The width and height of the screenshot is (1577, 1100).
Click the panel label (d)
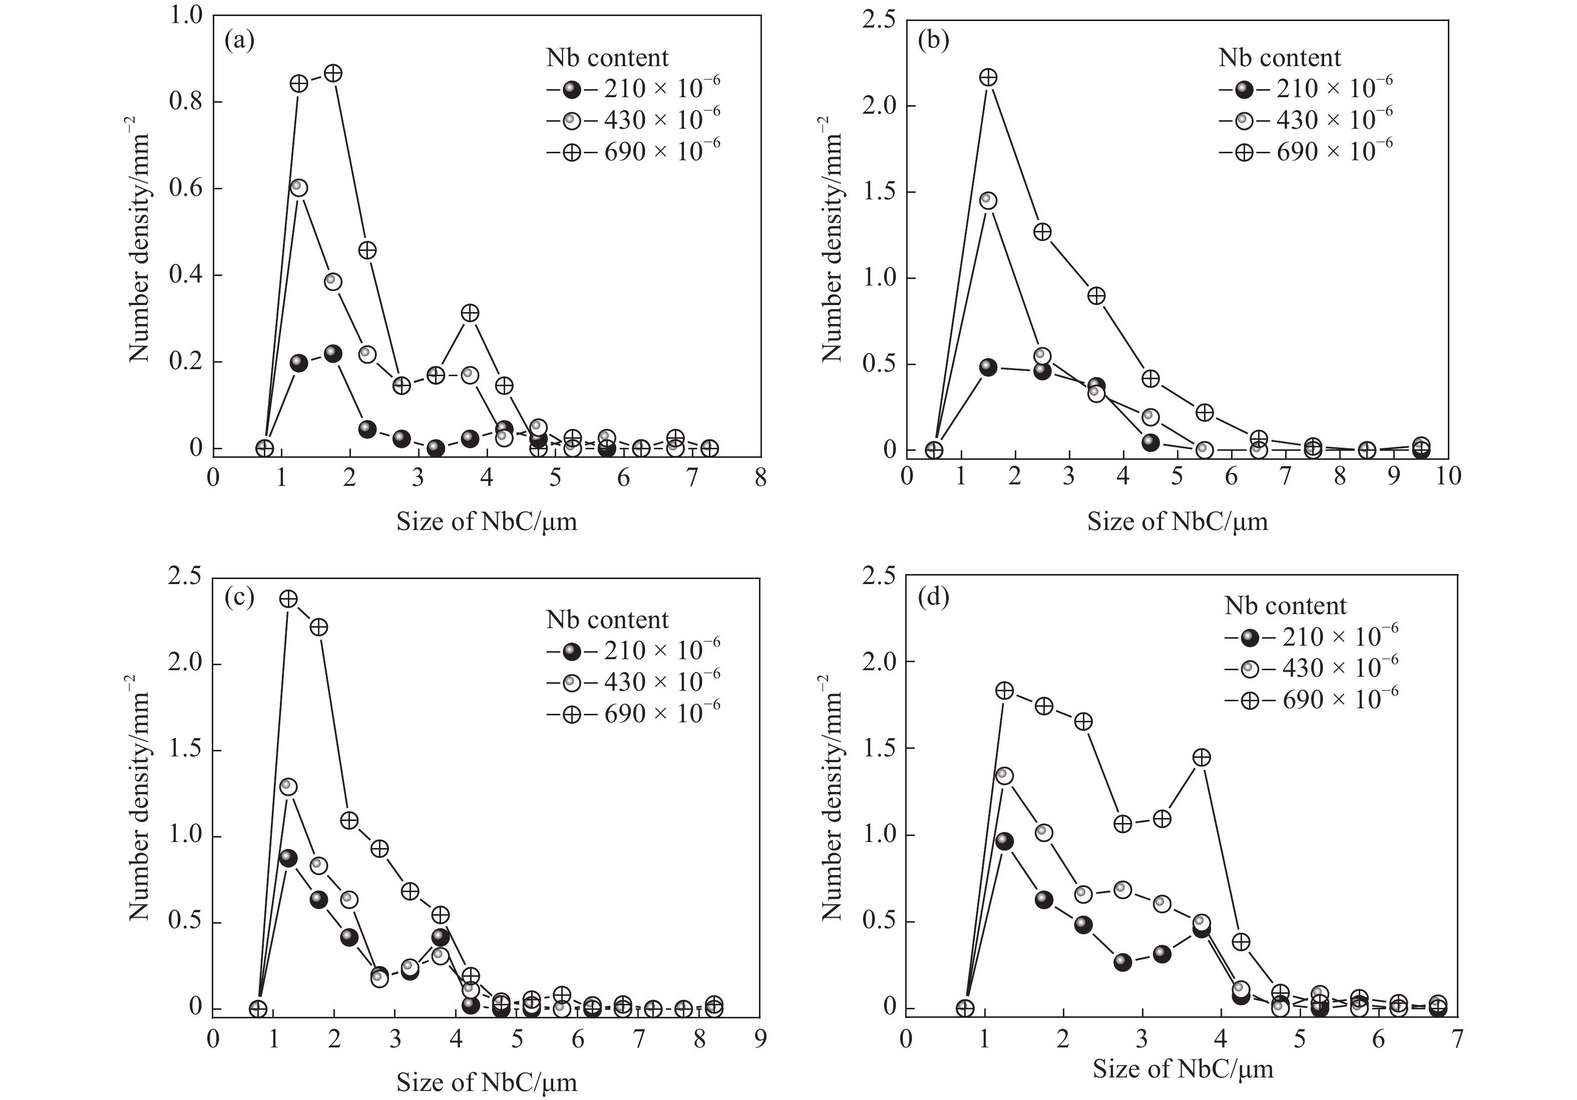coord(933,597)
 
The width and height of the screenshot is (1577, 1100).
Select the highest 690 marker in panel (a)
coord(333,74)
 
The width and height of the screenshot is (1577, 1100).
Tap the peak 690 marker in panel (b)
coord(988,78)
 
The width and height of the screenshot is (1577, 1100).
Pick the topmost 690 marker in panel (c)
coord(288,599)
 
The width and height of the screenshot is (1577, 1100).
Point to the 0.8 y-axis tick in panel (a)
coord(185,102)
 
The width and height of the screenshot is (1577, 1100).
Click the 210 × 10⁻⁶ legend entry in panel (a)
coord(633,89)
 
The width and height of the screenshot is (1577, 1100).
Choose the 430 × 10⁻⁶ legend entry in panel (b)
coord(1305,121)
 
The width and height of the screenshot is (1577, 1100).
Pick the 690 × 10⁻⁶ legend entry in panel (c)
coord(633,714)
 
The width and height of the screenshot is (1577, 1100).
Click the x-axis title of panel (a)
coord(486,522)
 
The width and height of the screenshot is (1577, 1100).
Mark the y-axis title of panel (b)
coord(831,239)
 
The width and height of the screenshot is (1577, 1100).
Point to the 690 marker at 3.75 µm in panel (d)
coord(1202,757)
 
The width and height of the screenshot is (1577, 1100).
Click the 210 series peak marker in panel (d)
coord(1004,842)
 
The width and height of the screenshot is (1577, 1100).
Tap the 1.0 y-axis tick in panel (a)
coord(185,15)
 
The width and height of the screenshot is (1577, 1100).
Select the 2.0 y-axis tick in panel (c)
coord(185,664)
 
